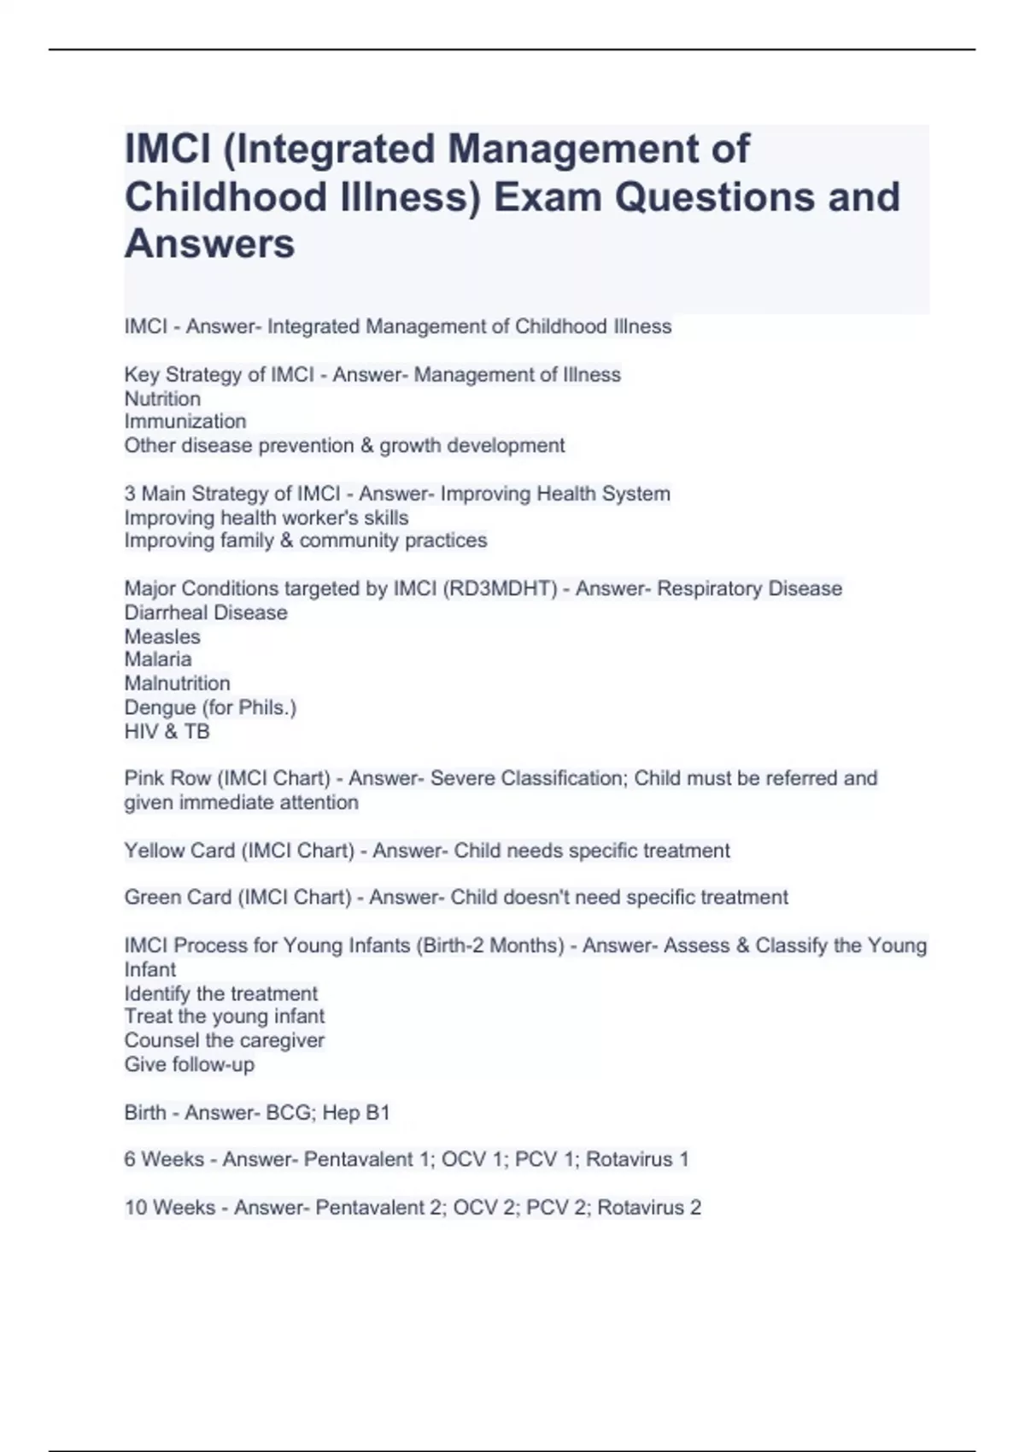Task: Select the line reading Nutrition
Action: coord(162,399)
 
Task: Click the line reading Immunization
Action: coord(185,421)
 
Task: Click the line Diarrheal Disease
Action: coord(206,612)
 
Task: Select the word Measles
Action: coord(162,636)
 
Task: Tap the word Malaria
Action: coord(158,659)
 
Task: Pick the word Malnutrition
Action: coord(177,683)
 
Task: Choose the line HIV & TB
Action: coord(167,731)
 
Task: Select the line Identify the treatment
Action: coord(220,993)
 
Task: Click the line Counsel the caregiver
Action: coord(224,1040)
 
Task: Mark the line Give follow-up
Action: coord(189,1064)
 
